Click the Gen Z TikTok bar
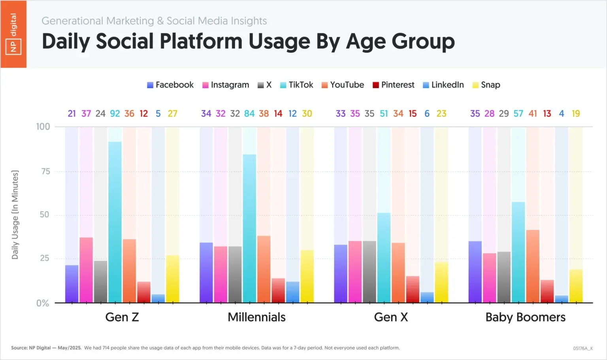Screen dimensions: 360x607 [115, 222]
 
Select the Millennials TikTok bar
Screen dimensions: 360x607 [249, 228]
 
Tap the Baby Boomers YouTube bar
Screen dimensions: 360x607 [532, 266]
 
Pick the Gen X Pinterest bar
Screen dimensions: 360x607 [413, 289]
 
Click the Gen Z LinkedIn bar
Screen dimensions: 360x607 [158, 298]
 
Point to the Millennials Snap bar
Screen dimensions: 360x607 [307, 276]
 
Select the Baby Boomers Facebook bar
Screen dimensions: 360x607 [475, 272]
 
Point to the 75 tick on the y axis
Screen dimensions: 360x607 [45, 172]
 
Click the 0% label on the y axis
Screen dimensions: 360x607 [43, 303]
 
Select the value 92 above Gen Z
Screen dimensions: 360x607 [115, 114]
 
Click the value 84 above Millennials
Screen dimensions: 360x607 [249, 114]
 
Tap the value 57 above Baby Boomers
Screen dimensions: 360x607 [518, 114]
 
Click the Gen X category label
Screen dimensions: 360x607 [391, 317]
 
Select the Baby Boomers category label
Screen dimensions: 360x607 [525, 317]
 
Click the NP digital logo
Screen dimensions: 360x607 [13, 34]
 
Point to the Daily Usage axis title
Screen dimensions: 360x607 [15, 215]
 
